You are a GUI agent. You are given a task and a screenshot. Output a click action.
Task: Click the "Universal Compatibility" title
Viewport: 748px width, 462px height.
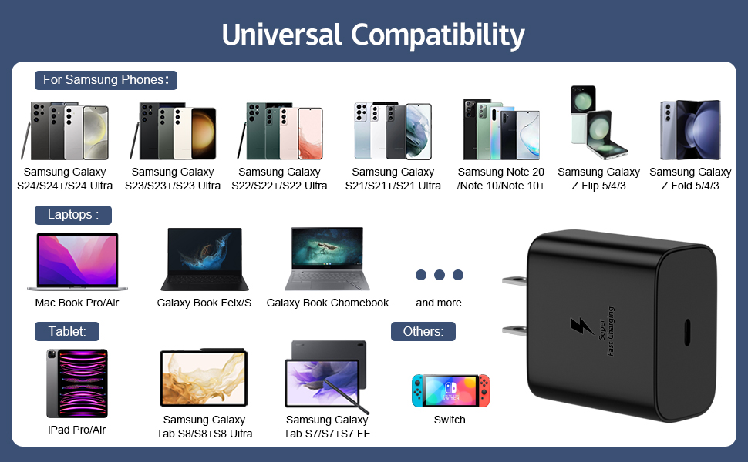(x=373, y=35)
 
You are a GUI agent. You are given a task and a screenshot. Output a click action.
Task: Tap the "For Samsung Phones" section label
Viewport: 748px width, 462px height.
(x=106, y=80)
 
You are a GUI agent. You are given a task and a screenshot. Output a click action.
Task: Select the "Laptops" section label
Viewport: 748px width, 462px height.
(x=73, y=215)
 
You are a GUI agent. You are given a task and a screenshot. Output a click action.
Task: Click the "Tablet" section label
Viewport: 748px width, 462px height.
(x=67, y=332)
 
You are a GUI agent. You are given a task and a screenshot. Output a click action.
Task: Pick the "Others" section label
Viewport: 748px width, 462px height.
(x=423, y=332)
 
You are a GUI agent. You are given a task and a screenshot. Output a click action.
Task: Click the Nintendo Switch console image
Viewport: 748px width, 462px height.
(x=450, y=391)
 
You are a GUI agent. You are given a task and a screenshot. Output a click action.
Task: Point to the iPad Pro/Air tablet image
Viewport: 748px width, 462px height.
(x=76, y=383)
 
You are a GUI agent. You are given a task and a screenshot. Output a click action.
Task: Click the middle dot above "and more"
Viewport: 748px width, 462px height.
(x=440, y=275)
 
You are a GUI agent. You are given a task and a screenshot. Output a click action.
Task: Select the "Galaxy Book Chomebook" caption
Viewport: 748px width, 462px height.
(x=328, y=303)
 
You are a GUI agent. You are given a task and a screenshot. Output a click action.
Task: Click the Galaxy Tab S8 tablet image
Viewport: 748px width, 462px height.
(x=204, y=378)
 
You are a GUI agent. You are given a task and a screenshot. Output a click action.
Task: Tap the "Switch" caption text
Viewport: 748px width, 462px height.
(x=450, y=420)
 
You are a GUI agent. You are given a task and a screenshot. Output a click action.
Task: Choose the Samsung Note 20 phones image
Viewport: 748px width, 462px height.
(x=501, y=129)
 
